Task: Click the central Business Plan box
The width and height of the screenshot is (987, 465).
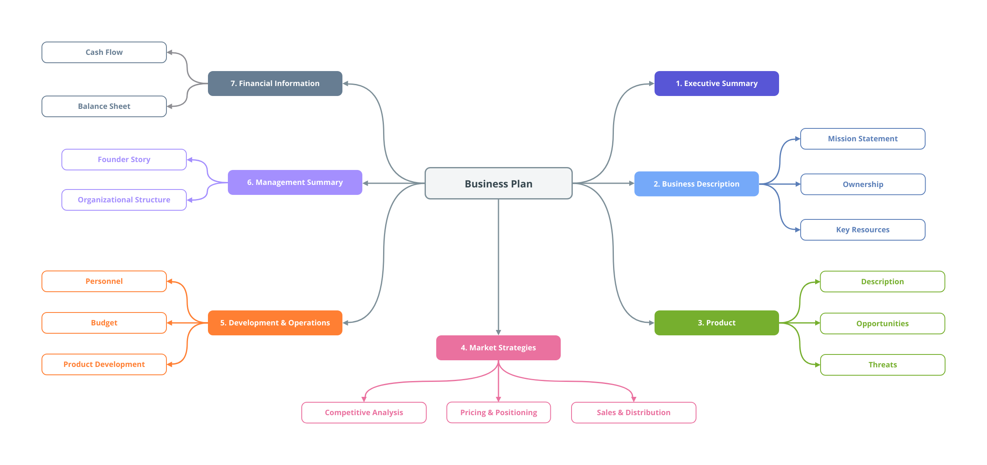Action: [498, 183]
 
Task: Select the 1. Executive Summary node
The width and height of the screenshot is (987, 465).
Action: [716, 84]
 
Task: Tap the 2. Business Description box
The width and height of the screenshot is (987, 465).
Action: [696, 184]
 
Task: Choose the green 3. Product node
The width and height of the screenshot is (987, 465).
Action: [716, 323]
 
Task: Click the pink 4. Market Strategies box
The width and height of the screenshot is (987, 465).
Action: [498, 348]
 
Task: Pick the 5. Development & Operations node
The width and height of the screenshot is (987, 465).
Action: [275, 323]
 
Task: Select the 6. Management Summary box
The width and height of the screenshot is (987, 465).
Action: [295, 182]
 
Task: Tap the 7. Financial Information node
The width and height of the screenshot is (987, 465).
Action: [275, 84]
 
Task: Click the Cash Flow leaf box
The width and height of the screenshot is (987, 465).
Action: [104, 52]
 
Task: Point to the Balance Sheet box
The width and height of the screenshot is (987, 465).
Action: [104, 106]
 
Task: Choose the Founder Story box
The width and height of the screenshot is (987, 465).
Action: [124, 160]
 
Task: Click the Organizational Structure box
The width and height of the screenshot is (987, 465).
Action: [124, 200]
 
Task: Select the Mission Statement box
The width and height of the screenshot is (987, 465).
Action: [862, 139]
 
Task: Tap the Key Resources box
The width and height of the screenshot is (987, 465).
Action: [862, 230]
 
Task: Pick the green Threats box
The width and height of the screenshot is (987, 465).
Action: [882, 365]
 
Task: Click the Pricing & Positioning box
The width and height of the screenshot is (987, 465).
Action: [498, 413]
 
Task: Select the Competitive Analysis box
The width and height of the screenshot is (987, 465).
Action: [364, 413]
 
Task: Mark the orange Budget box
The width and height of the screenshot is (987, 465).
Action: [104, 323]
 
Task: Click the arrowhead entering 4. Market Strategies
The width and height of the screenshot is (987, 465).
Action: [498, 332]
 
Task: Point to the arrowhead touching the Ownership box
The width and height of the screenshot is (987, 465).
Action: [798, 184]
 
